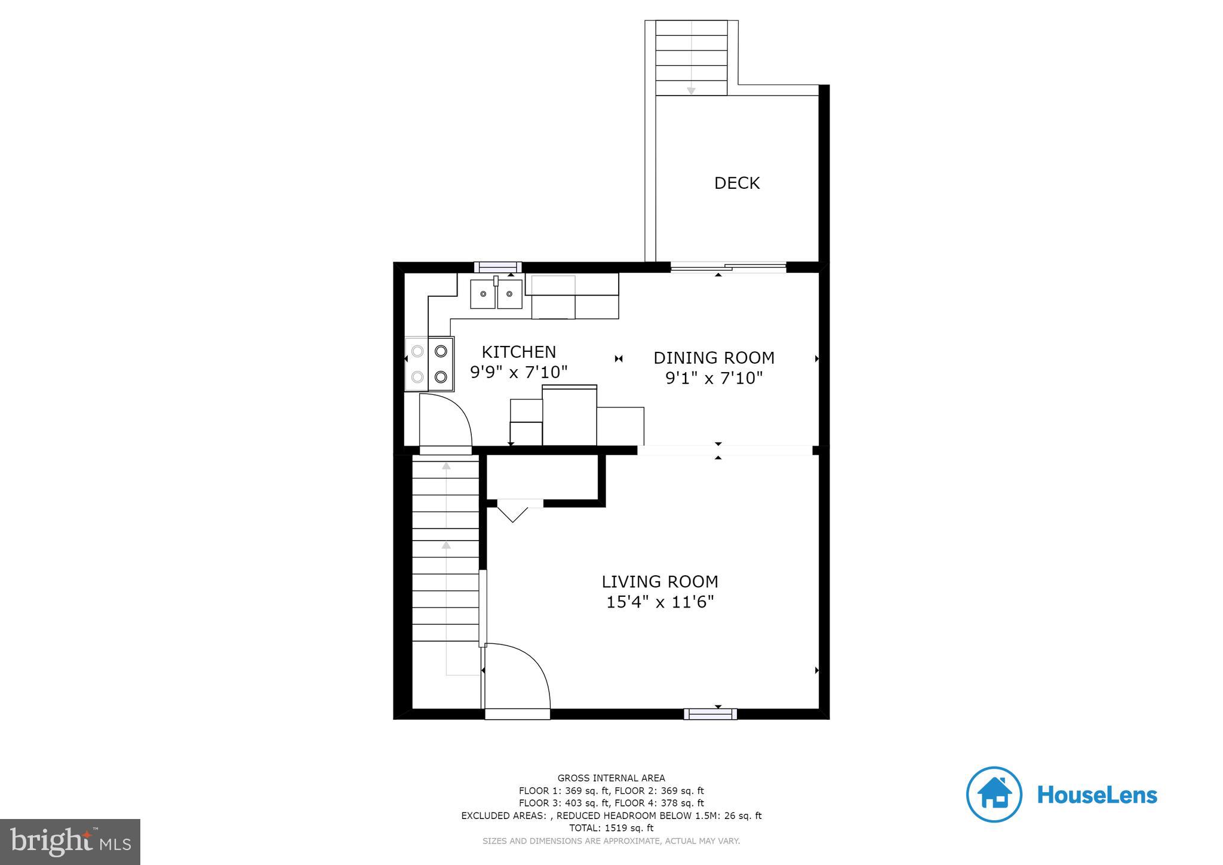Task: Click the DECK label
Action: pyautogui.click(x=737, y=183)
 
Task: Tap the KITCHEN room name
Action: pyautogui.click(x=518, y=352)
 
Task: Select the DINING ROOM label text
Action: pyautogui.click(x=714, y=358)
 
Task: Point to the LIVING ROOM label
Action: pyautogui.click(x=660, y=581)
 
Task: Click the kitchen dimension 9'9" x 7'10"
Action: pyautogui.click(x=518, y=372)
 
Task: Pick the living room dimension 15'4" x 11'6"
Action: pyautogui.click(x=660, y=602)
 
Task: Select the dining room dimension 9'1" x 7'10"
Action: pyautogui.click(x=714, y=378)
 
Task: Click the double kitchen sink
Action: pyautogui.click(x=496, y=294)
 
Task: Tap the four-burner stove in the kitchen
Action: pyautogui.click(x=429, y=364)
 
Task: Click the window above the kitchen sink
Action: pyautogui.click(x=497, y=267)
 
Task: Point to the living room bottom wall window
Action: pyautogui.click(x=710, y=714)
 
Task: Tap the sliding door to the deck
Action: pyautogui.click(x=728, y=267)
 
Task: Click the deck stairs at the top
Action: pyautogui.click(x=691, y=58)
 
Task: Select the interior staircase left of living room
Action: pyautogui.click(x=445, y=550)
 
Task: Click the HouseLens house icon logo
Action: pyautogui.click(x=994, y=795)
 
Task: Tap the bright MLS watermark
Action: pyautogui.click(x=70, y=842)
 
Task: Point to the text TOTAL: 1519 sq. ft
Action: pyautogui.click(x=611, y=828)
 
